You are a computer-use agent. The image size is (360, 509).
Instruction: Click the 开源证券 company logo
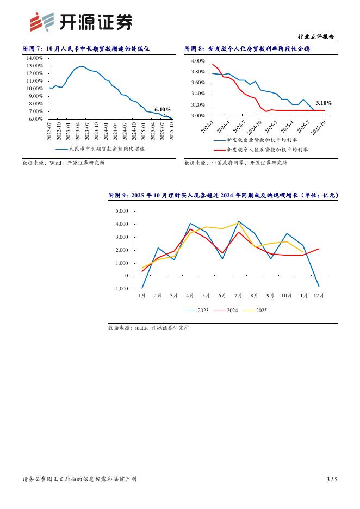coord(80,22)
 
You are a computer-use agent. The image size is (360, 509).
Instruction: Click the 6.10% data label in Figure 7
coord(162,109)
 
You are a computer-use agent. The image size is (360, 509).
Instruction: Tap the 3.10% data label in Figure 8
coord(324,103)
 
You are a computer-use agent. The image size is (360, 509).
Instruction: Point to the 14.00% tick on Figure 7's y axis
coord(35,58)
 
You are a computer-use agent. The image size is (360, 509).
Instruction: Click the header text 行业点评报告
coord(317,36)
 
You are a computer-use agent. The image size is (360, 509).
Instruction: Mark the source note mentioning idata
coord(148,328)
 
